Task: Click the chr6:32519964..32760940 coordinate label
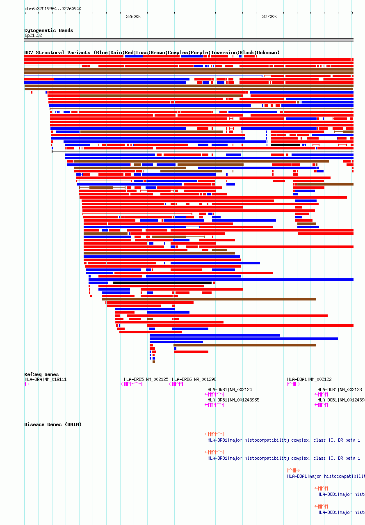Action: tap(53, 9)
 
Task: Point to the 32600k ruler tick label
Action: tap(133, 17)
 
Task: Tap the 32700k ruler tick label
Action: tap(269, 17)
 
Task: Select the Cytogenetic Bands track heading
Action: tap(48, 30)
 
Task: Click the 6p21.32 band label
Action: tap(33, 35)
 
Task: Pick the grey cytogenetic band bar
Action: tap(189, 40)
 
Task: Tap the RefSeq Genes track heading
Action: tap(41, 374)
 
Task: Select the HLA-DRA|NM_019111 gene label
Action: tap(45, 379)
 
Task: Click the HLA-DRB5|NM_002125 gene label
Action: tap(146, 379)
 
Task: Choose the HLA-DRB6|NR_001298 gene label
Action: tap(194, 379)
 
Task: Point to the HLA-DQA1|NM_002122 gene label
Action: tap(309, 379)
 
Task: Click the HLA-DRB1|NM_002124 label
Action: tap(230, 390)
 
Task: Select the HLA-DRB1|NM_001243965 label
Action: tap(233, 400)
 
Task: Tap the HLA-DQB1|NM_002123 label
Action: tap(340, 390)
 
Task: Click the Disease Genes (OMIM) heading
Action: tap(53, 424)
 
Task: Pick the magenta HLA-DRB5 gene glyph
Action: tap(132, 384)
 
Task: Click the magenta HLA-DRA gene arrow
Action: tap(27, 384)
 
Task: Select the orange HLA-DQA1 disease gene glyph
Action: tap(293, 470)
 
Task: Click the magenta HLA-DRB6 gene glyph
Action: tap(176, 384)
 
